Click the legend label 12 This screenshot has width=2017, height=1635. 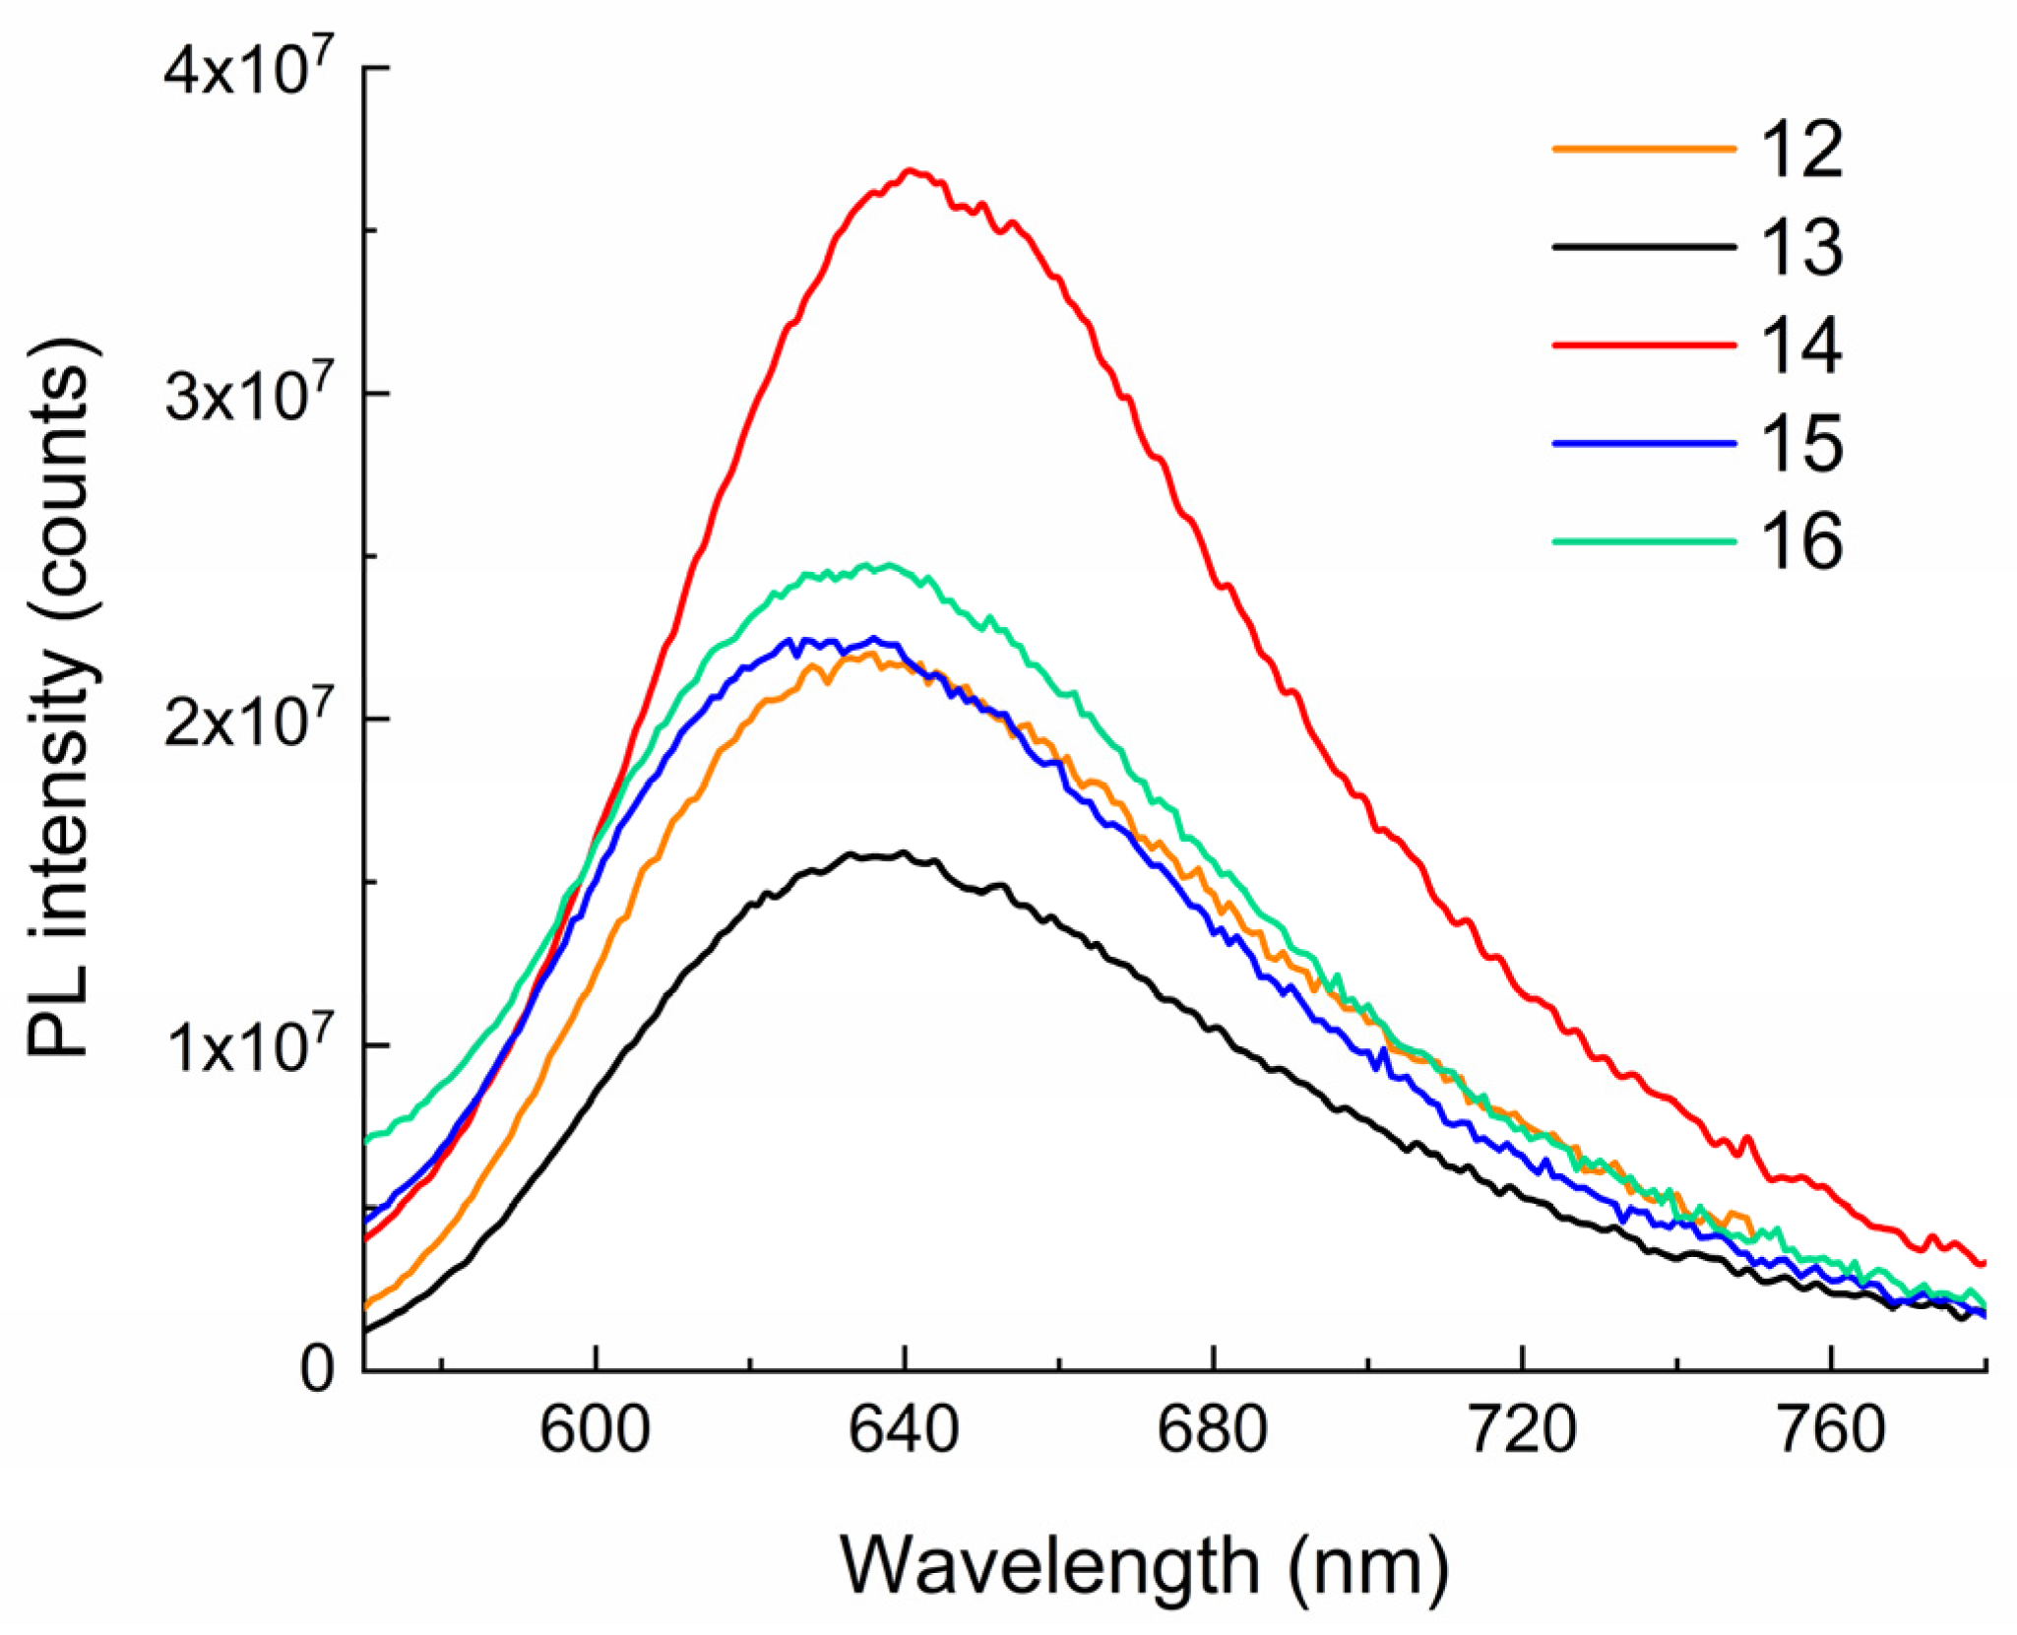pos(1800,150)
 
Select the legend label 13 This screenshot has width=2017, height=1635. pos(1800,247)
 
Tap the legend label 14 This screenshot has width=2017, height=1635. pos(1800,346)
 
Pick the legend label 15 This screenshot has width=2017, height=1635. pos(1800,444)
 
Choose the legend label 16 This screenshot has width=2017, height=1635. pos(1800,541)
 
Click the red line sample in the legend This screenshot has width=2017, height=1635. pos(1643,346)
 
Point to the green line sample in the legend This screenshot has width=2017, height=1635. pos(1643,541)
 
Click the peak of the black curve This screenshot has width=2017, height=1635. pos(903,852)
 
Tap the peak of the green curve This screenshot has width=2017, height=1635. pos(889,565)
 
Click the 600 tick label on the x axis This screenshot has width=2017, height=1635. pos(596,1430)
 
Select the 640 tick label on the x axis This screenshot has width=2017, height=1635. pos(904,1430)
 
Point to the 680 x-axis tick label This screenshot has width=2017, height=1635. pos(1213,1430)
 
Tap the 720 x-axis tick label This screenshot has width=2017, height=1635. pos(1522,1430)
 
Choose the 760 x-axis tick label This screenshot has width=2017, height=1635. pos(1831,1430)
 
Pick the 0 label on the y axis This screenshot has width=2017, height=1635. pos(317,1369)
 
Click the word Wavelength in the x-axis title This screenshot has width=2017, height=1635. pos(1049,1565)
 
